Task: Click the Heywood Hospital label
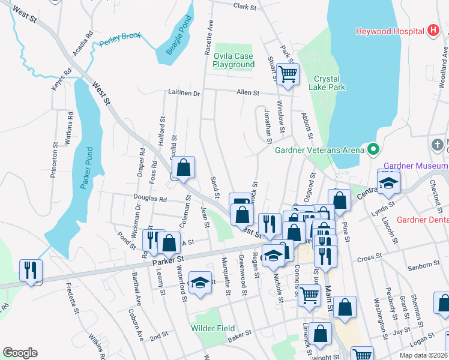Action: coord(389,31)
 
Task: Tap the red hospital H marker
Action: coord(433,31)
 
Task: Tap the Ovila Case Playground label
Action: coord(234,60)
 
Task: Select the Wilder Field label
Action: coord(211,328)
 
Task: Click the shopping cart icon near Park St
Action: coord(288,74)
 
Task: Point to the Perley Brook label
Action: coord(120,37)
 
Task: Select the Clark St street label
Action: coord(244,7)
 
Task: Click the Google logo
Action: coord(20,353)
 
